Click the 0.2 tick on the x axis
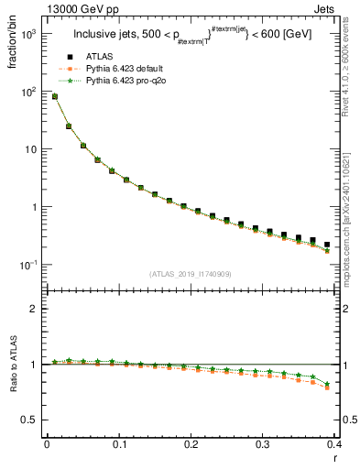(x=190, y=445)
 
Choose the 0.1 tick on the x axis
(x=118, y=445)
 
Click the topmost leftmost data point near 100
(x=54, y=96)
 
